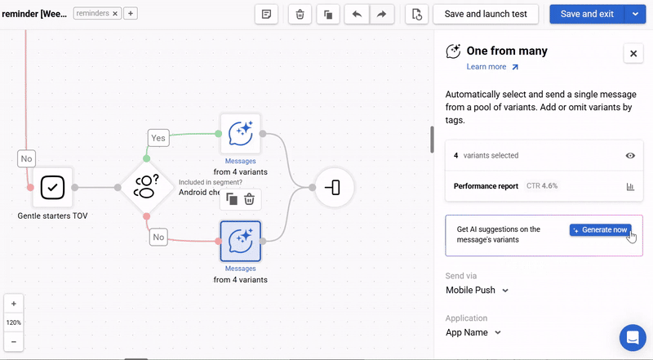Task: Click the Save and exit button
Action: [x=586, y=14]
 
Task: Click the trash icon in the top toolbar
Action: [x=300, y=14]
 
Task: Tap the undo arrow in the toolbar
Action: [x=357, y=14]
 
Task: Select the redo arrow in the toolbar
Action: [x=381, y=14]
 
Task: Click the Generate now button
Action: [x=600, y=230]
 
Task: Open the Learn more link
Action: [x=492, y=67]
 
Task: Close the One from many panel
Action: [x=633, y=53]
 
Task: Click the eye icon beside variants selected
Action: [x=630, y=155]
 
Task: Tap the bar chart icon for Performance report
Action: [x=630, y=186]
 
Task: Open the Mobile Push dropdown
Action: [x=478, y=290]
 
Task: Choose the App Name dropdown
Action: [x=473, y=332]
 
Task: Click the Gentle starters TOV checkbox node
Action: [x=52, y=188]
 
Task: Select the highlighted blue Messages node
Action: [x=241, y=241]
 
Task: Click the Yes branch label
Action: [x=158, y=138]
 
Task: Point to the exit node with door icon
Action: [x=334, y=188]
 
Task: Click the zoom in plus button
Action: [x=14, y=304]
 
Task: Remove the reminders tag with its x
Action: [x=115, y=13]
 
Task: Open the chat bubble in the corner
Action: [x=633, y=337]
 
